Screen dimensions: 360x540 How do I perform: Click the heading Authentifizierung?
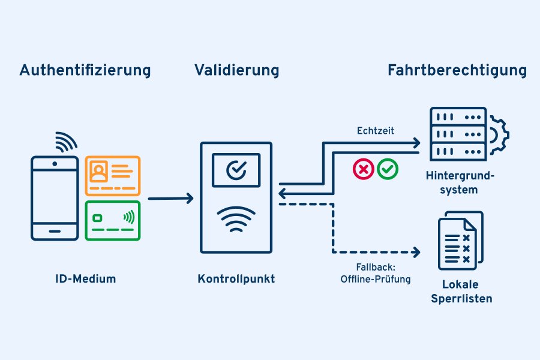coord(85,70)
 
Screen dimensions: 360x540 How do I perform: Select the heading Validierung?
coord(236,70)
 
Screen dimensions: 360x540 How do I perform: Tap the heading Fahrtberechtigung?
coord(457,70)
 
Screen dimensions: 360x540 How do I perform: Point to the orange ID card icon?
coord(113,175)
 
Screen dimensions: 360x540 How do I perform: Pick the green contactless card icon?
coord(113,220)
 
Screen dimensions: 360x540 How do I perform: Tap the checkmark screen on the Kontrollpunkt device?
coord(236,170)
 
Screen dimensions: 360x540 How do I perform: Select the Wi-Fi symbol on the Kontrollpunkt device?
coord(236,220)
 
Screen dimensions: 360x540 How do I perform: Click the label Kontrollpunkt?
coord(236,279)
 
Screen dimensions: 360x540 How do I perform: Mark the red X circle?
coord(362,169)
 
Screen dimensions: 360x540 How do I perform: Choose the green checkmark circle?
coord(388,169)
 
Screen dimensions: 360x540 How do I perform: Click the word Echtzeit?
coord(376,130)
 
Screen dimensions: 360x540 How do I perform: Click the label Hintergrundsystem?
coord(460,183)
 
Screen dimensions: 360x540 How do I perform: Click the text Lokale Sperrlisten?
coord(461,291)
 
